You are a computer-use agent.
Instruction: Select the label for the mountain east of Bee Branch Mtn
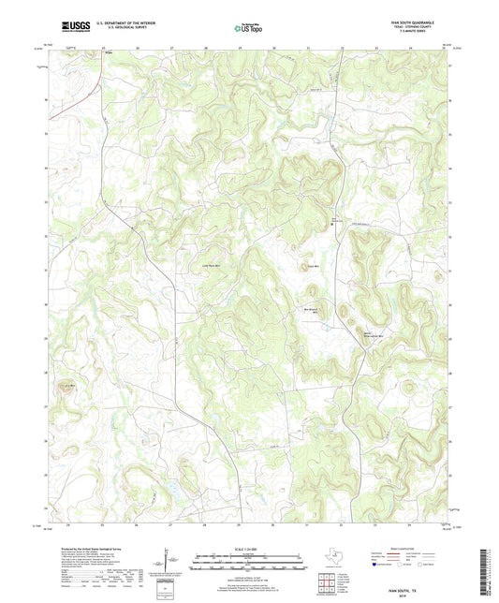(373, 333)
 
